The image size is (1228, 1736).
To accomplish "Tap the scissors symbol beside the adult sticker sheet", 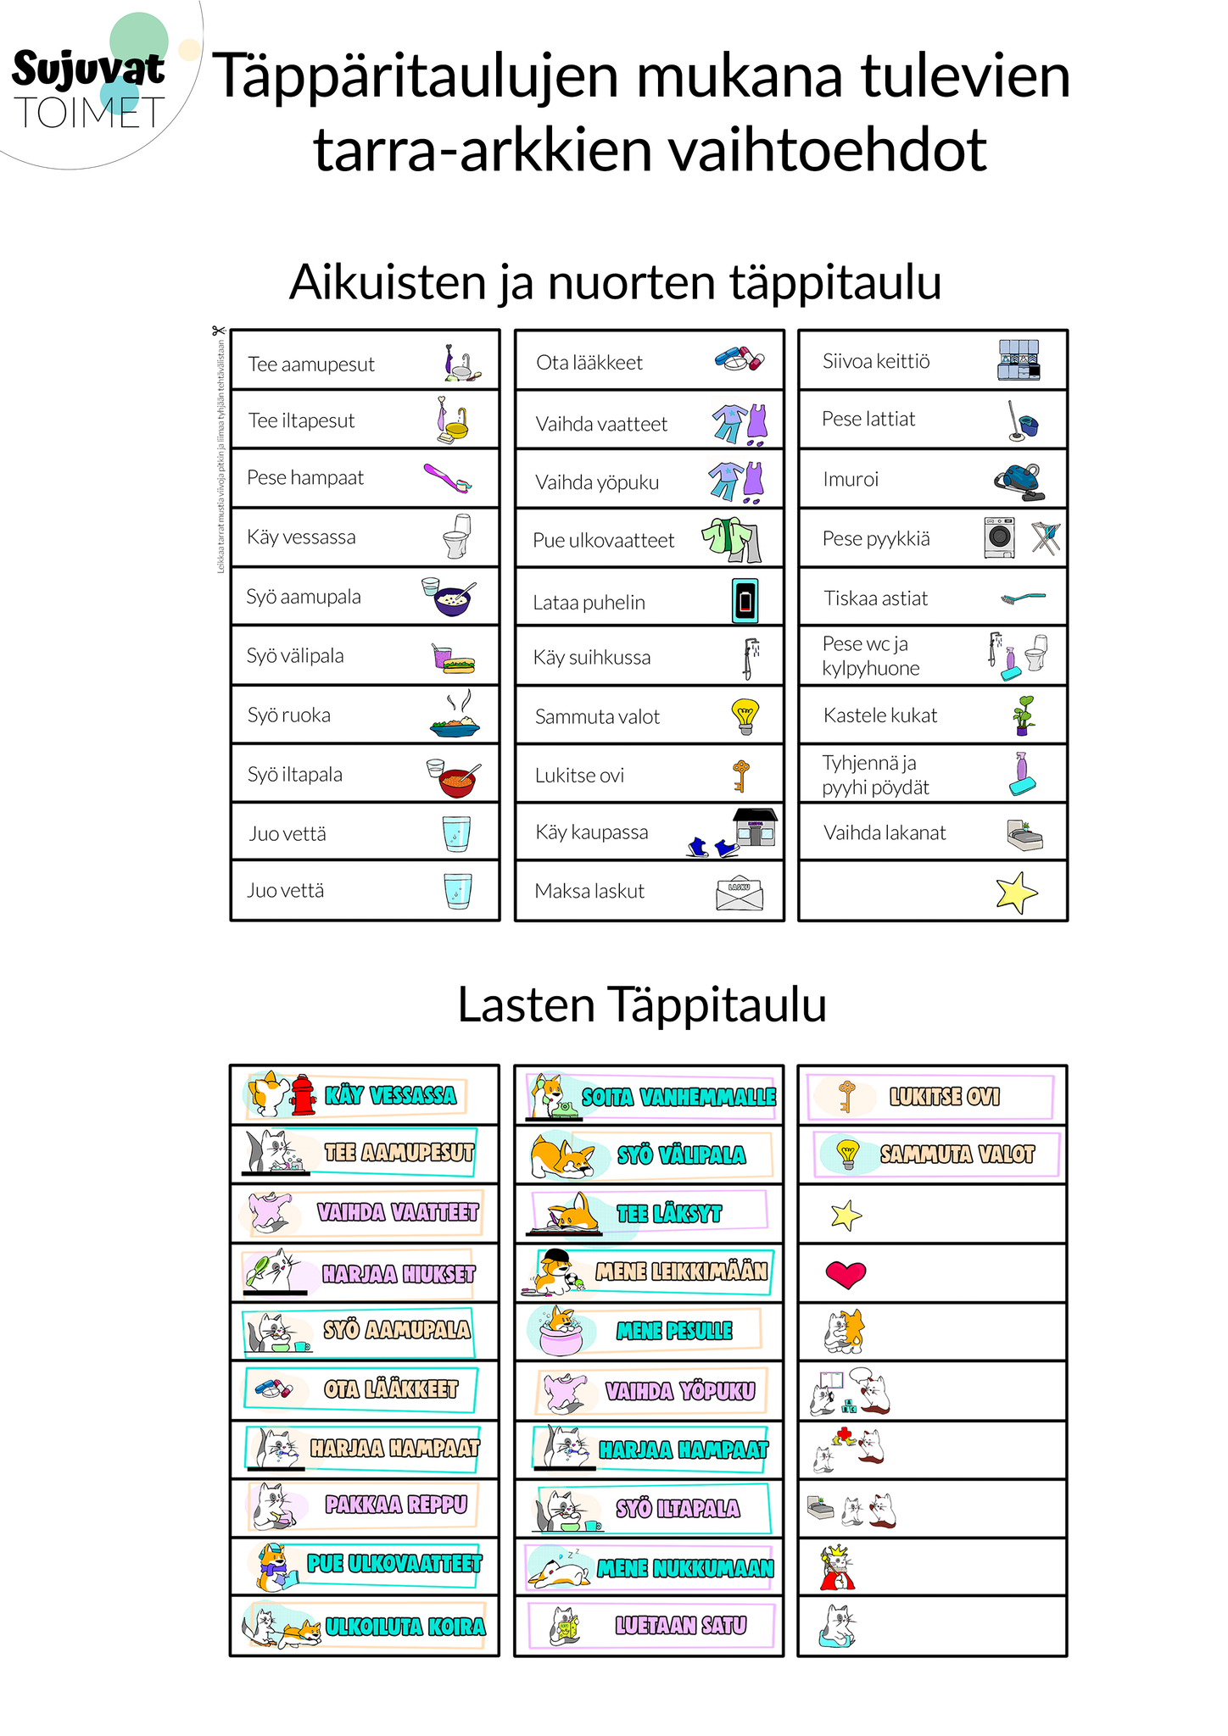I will (219, 331).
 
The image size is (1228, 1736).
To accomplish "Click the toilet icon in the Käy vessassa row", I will (458, 536).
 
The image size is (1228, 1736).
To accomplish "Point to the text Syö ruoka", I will (288, 715).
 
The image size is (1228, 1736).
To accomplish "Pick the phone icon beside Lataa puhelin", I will (745, 601).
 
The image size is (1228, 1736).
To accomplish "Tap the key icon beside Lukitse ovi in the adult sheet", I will (740, 775).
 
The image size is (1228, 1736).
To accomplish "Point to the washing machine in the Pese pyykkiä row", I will (1000, 537).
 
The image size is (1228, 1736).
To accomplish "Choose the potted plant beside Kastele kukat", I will (1024, 715).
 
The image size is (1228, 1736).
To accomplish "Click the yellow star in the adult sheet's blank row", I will (1016, 893).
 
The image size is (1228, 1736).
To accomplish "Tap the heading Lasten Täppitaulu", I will (642, 1005).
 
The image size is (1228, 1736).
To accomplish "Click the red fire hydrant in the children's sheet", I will (303, 1094).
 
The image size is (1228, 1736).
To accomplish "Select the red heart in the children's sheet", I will (846, 1273).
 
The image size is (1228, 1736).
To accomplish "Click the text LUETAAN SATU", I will (681, 1625).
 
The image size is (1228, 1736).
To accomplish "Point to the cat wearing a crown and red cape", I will (836, 1568).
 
